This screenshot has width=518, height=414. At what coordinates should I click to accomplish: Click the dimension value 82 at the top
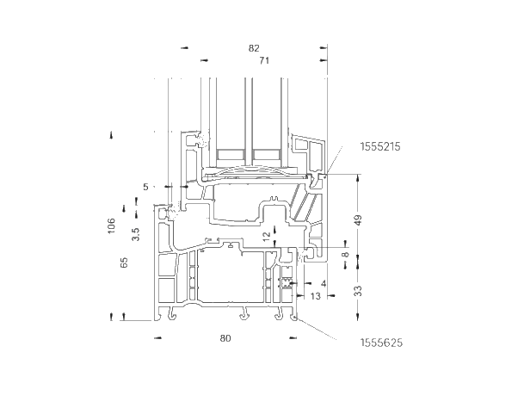click(254, 48)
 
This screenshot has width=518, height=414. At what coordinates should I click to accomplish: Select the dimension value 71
click(264, 61)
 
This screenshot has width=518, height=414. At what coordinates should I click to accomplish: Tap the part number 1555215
click(380, 146)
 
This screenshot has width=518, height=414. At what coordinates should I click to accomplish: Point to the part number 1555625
click(381, 343)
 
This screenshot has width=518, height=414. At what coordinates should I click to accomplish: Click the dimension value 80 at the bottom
click(225, 338)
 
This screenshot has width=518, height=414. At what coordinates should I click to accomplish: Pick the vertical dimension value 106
click(111, 226)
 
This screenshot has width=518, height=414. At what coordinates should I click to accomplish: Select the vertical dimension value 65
click(124, 263)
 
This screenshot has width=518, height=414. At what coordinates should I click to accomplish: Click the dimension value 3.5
click(136, 234)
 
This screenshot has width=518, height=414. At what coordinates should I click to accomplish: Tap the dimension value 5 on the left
click(145, 187)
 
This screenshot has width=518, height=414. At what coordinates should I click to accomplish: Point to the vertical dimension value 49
click(359, 220)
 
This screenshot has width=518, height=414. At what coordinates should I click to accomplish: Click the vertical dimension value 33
click(358, 291)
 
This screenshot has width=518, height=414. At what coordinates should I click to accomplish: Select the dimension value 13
click(316, 296)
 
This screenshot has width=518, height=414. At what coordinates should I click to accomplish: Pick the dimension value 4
click(324, 283)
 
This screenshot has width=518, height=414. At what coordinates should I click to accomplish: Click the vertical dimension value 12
click(267, 235)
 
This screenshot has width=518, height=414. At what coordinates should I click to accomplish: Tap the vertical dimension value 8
click(345, 255)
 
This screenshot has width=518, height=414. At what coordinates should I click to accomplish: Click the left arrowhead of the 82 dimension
click(184, 48)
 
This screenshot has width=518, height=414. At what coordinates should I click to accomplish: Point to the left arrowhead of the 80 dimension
click(158, 338)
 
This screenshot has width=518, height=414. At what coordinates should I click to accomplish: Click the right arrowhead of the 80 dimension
click(293, 338)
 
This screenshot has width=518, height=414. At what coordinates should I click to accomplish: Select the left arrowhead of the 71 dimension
click(205, 60)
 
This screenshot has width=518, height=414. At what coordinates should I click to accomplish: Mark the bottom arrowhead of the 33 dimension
click(358, 317)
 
